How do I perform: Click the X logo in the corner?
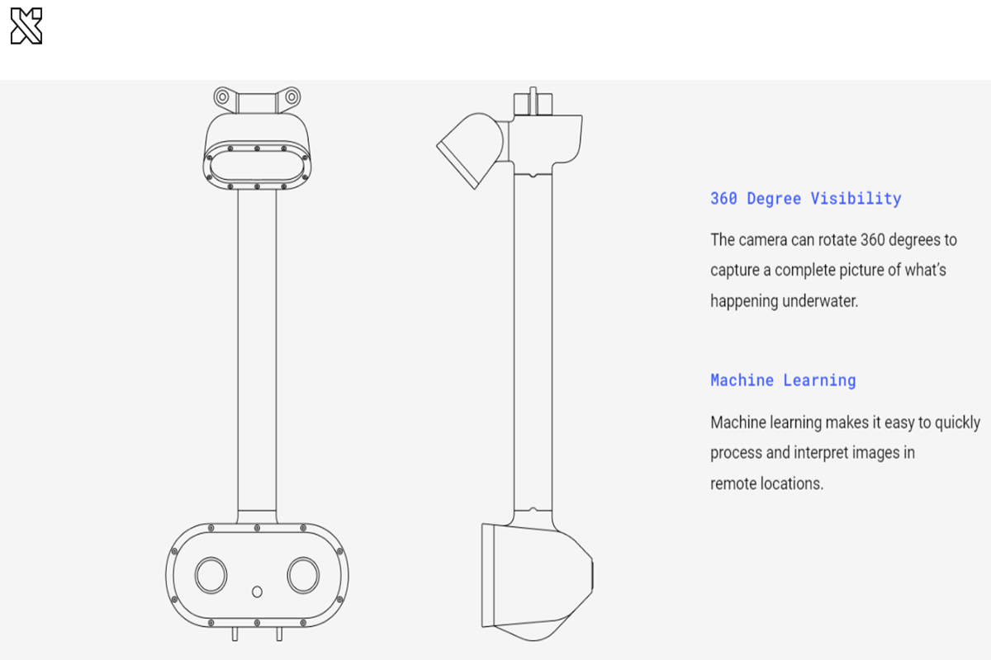[26, 26]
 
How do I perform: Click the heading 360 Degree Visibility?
[805, 198]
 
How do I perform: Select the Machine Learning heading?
[783, 380]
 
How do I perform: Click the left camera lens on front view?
[211, 573]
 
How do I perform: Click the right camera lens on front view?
[303, 573]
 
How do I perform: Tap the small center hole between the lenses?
[257, 592]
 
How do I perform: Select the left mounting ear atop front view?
[222, 97]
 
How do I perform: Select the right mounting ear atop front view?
[291, 97]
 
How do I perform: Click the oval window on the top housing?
[257, 166]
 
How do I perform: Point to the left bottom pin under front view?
[235, 634]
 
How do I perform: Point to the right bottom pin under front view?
[279, 634]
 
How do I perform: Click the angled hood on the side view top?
[469, 148]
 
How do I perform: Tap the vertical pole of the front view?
[257, 355]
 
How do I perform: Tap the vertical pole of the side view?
[532, 346]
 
